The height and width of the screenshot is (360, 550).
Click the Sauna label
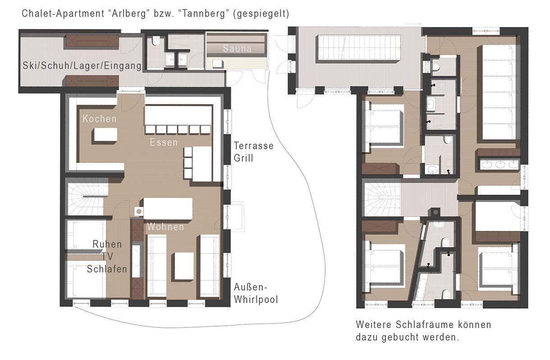pyautogui.click(x=237, y=48)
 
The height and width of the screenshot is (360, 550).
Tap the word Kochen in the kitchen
pyautogui.click(x=100, y=119)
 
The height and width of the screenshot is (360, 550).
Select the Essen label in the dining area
pyautogui.click(x=164, y=142)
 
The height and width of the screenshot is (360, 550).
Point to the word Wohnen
pyautogui.click(x=165, y=227)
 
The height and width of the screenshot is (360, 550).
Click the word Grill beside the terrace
pyautogui.click(x=243, y=158)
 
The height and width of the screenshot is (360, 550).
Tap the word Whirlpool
pyautogui.click(x=256, y=299)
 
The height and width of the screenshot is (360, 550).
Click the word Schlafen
pyautogui.click(x=107, y=269)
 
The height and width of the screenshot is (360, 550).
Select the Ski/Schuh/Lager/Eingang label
pyautogui.click(x=82, y=65)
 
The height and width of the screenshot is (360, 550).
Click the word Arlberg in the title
pyautogui.click(x=129, y=14)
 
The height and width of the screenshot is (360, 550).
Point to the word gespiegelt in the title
pyautogui.click(x=261, y=14)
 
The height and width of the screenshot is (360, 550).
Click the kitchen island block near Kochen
pyautogui.click(x=105, y=135)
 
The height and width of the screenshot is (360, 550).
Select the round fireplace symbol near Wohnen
pyautogui.click(x=139, y=211)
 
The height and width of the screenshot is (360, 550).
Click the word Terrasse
pyautogui.click(x=254, y=146)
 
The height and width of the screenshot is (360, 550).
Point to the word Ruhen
pyautogui.click(x=107, y=244)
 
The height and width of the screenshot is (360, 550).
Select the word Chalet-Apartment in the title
pyautogui.click(x=63, y=14)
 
